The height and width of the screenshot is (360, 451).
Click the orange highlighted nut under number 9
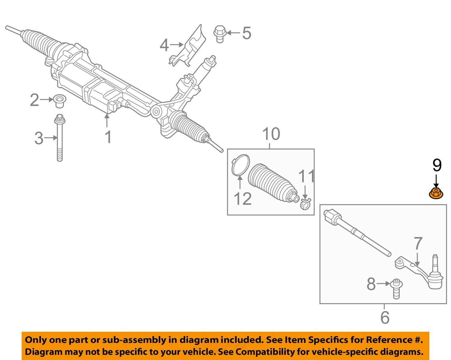tap(436, 193)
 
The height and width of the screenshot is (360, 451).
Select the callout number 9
tap(437, 165)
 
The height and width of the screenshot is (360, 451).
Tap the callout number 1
tap(108, 137)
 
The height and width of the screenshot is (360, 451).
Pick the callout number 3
tap(39, 138)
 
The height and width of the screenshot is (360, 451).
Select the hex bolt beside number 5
tap(220, 34)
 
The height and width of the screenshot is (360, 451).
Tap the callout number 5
tap(247, 33)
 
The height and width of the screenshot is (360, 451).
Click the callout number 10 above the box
tap(271, 134)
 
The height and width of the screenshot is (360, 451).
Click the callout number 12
tap(242, 199)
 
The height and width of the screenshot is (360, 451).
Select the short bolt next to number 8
tap(397, 288)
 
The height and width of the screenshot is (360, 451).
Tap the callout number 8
tap(371, 284)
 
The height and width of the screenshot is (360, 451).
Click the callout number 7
tap(418, 244)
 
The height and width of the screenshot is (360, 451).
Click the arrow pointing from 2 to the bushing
tap(47, 99)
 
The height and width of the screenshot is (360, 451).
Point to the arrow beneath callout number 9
tap(436, 181)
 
